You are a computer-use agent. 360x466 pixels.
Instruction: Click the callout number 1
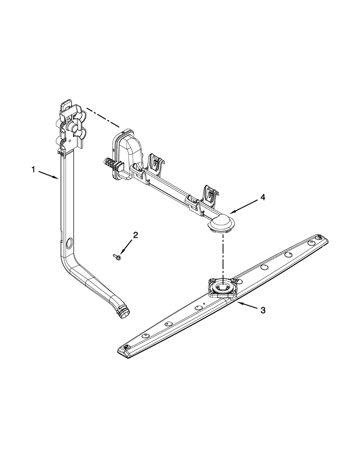[34, 169]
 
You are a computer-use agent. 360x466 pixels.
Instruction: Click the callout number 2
[135, 235]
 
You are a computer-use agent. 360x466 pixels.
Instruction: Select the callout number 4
[263, 197]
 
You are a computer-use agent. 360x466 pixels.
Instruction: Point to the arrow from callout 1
[49, 174]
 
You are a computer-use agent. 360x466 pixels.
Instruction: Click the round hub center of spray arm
[222, 288]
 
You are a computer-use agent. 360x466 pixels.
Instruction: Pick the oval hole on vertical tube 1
[69, 244]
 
